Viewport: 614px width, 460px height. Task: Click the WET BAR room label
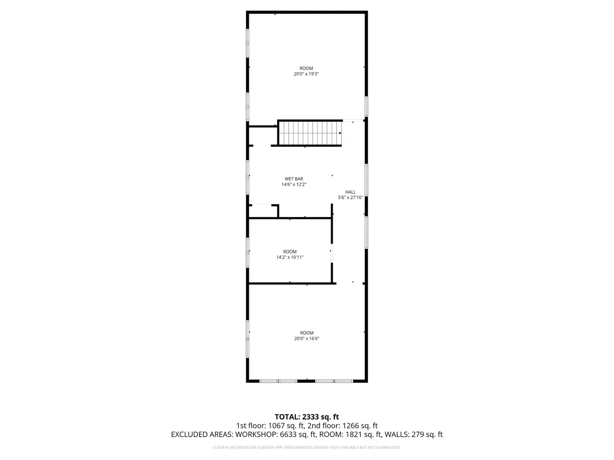pyautogui.click(x=294, y=179)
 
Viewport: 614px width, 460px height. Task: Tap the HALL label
pyautogui.click(x=350, y=192)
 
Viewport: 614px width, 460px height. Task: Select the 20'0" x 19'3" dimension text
pyautogui.click(x=306, y=74)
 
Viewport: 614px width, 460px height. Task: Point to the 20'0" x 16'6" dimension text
pyautogui.click(x=307, y=338)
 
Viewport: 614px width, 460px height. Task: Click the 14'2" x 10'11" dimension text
pyautogui.click(x=290, y=257)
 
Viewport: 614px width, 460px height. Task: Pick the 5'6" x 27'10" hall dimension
pyautogui.click(x=350, y=198)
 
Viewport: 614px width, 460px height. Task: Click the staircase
pyautogui.click(x=310, y=133)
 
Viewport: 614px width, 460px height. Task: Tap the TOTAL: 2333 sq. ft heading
pyautogui.click(x=307, y=417)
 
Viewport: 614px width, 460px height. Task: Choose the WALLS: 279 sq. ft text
pyautogui.click(x=414, y=434)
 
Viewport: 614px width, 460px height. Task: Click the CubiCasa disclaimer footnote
pyautogui.click(x=307, y=447)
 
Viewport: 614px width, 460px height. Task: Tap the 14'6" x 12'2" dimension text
pyautogui.click(x=294, y=184)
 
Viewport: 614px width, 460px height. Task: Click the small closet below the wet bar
pyautogui.click(x=263, y=211)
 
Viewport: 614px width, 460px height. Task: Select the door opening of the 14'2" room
pyautogui.click(x=332, y=253)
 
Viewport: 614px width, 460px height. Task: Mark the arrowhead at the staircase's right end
pyautogui.click(x=340, y=133)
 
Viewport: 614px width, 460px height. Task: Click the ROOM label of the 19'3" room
pyautogui.click(x=306, y=68)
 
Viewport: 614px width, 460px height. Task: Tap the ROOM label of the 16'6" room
pyautogui.click(x=307, y=333)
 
